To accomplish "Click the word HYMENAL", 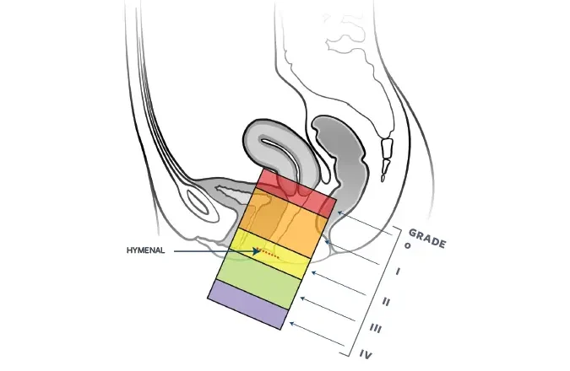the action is (x=145, y=250).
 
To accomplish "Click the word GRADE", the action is (x=427, y=238).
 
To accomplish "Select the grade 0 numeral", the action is (x=408, y=245).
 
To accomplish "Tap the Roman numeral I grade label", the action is (x=398, y=272).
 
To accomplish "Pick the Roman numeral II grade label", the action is (x=387, y=301).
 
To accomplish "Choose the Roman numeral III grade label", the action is (x=376, y=329).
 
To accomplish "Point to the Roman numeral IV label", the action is (x=366, y=354).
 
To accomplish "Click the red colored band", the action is (x=296, y=193).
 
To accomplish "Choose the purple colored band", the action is (x=248, y=305).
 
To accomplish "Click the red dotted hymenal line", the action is (x=269, y=254).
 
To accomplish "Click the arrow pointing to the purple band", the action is (x=317, y=334).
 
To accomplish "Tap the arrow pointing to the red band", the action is (x=365, y=223).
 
